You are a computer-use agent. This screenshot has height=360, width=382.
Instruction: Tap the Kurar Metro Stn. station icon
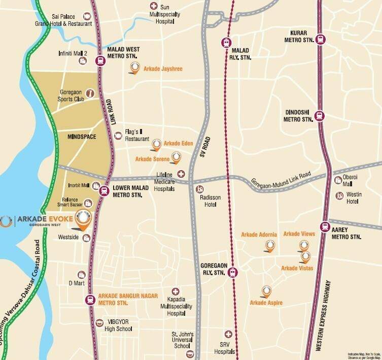320,39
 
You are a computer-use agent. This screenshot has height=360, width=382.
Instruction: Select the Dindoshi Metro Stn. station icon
319,115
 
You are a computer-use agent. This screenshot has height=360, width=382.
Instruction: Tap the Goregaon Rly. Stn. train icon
232,272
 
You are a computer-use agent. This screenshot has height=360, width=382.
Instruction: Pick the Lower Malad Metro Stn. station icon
103,191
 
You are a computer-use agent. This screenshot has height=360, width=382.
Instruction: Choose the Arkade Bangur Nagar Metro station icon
90,300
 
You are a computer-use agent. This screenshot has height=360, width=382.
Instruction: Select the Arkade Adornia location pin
270,246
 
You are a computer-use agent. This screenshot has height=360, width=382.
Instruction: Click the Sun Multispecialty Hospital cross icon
154,6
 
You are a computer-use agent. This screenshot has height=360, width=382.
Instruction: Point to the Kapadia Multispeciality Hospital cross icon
176,291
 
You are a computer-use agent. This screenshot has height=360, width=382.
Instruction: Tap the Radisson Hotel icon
199,190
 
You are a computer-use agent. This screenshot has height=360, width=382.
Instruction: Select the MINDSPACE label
82,137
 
